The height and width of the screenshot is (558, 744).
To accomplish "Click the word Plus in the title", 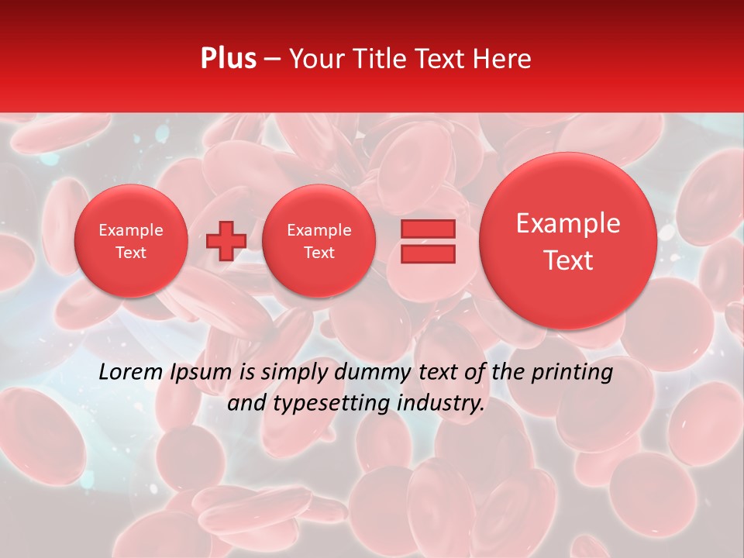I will click(x=228, y=59).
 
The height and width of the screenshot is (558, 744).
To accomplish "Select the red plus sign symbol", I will click(x=226, y=241).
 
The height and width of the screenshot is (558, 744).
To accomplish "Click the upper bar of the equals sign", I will click(x=428, y=229).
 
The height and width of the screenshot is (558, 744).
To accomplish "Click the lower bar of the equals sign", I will click(x=428, y=253).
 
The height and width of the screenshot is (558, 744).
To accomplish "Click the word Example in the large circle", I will click(x=568, y=223).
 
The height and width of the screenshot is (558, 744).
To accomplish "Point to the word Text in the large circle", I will click(x=568, y=260).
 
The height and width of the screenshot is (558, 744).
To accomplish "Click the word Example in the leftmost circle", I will click(x=131, y=230).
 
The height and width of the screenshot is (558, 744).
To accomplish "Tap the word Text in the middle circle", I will click(x=319, y=253).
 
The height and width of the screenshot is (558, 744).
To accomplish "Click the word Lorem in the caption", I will click(x=132, y=372).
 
